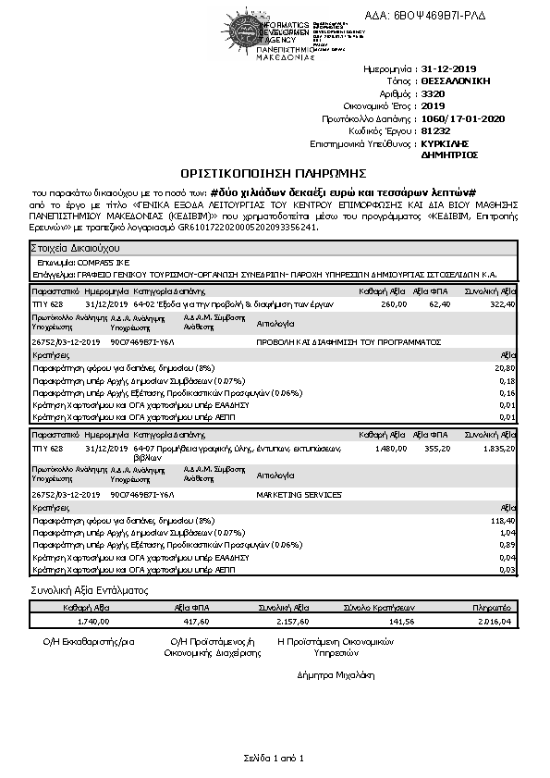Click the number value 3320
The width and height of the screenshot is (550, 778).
click(x=432, y=93)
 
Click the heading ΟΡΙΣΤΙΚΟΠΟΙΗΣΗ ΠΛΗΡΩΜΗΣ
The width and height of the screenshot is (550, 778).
click(x=275, y=173)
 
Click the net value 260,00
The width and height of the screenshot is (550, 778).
click(x=394, y=303)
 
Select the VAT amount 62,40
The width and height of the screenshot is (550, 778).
click(x=439, y=303)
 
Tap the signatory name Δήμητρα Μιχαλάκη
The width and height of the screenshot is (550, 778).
click(x=336, y=674)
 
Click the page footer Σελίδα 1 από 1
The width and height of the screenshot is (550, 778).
click(x=274, y=759)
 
